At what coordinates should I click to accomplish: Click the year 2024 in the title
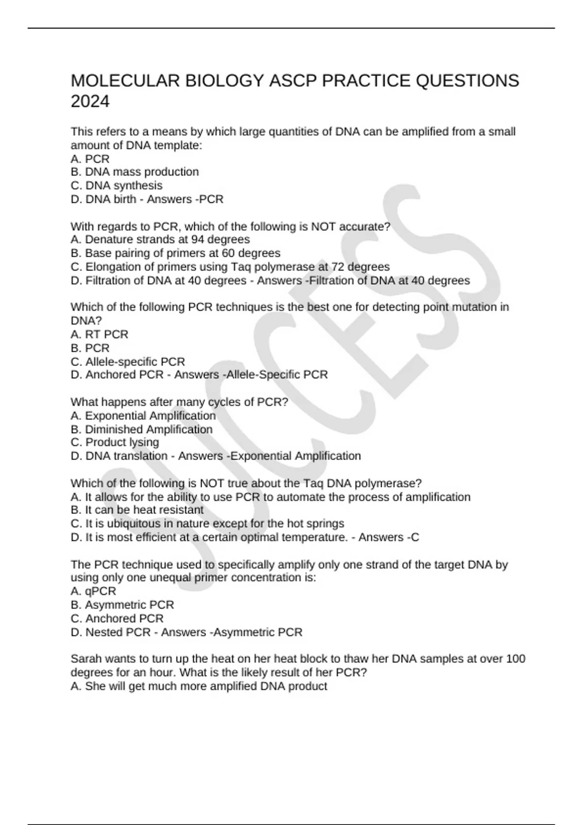(90, 101)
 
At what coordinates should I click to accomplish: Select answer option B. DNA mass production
(135, 172)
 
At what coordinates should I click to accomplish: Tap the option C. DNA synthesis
(117, 185)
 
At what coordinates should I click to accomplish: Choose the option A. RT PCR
(100, 334)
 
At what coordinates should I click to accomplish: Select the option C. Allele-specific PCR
(128, 362)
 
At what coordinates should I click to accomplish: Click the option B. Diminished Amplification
(141, 429)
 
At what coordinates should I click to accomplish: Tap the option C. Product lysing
(115, 442)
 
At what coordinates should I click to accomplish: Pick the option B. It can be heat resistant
(137, 510)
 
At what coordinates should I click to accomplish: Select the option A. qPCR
(93, 591)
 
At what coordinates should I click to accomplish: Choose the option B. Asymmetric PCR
(122, 605)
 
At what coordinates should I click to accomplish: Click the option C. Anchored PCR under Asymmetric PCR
(117, 618)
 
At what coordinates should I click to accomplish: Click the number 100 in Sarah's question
(515, 659)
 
